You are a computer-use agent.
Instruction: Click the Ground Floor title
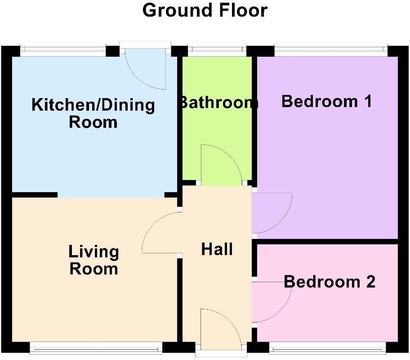tap(205, 10)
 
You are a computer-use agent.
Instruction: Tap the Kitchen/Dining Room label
tap(93, 113)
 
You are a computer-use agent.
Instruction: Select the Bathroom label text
tap(218, 103)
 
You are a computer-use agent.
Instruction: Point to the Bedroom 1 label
tap(326, 101)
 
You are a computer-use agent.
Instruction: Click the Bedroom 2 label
tap(330, 282)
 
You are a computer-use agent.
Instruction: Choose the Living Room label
tap(94, 260)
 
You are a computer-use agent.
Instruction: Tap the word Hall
tap(217, 249)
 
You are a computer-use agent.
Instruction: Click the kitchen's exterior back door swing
tap(144, 70)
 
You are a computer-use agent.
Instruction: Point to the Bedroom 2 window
tap(327, 347)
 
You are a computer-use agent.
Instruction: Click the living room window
tap(96, 347)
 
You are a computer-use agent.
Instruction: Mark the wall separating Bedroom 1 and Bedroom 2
tap(327, 242)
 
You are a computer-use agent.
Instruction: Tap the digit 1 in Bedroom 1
tap(367, 101)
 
